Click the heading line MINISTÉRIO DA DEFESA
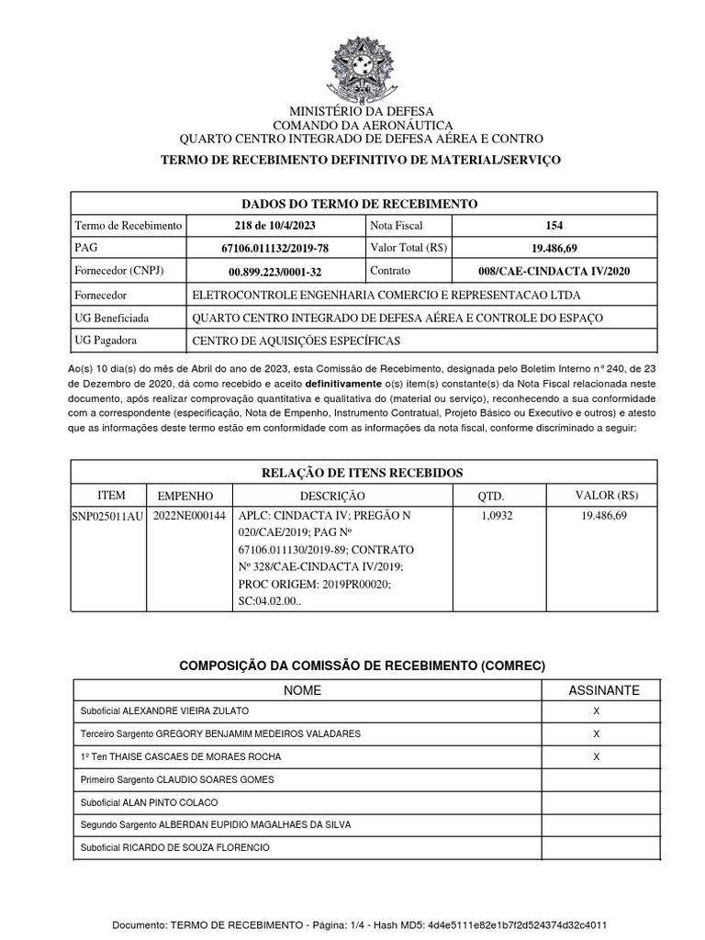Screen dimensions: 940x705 click(352, 110)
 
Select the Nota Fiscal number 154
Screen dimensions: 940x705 click(554, 225)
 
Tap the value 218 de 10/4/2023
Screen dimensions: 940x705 click(276, 225)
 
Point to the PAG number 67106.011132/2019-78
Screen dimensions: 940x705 click(275, 248)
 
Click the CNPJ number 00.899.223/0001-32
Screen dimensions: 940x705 click(275, 272)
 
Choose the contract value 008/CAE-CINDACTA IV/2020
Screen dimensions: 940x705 click(554, 272)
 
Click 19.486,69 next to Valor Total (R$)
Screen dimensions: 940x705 click(554, 248)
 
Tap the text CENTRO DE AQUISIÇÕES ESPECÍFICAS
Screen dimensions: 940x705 click(297, 341)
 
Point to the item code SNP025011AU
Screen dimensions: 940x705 click(107, 517)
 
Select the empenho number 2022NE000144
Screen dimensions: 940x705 click(189, 517)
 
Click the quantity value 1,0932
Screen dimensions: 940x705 click(497, 517)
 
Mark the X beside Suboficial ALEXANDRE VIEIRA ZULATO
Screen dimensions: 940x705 click(597, 711)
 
